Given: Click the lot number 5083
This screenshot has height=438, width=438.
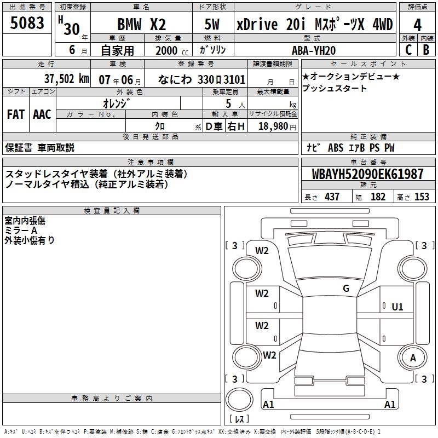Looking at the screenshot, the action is [27, 23].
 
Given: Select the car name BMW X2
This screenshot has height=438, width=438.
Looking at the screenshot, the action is [142, 25].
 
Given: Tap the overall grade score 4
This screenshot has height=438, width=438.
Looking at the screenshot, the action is [417, 25].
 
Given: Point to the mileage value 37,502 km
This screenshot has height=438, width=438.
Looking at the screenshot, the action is [66, 79].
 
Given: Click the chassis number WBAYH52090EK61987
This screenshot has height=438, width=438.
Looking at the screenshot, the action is [367, 174].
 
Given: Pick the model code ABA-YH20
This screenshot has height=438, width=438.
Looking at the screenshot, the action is [314, 50].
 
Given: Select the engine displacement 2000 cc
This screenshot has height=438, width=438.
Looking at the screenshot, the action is [172, 50].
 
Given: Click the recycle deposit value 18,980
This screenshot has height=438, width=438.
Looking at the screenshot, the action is [273, 126].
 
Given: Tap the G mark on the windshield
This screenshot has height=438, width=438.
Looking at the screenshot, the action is [346, 288].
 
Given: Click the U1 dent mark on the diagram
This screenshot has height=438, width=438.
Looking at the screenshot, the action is [397, 307].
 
